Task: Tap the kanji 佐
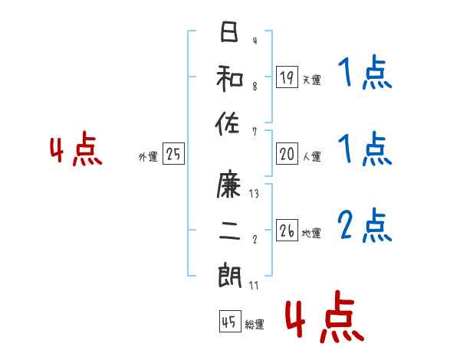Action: pos(229,123)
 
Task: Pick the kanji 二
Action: pos(229,230)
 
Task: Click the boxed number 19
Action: pos(287,77)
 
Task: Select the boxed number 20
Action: pos(287,154)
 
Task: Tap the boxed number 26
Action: pos(287,230)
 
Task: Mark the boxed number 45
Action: pos(228,322)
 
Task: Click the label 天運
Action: pos(311,80)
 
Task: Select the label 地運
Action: pos(311,233)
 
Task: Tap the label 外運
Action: pos(148,157)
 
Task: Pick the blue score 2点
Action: pos(365,225)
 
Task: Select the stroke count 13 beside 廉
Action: pos(254,194)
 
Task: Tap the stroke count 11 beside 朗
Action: pos(254,285)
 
